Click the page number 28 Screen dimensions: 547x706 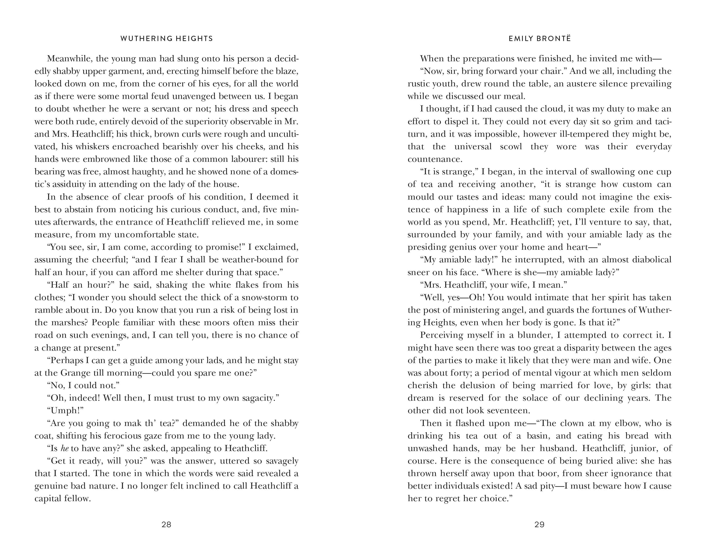tap(166, 524)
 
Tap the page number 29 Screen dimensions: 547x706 tap(539, 524)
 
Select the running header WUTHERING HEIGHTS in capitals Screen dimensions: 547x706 tap(166, 39)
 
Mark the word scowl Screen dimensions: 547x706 tap(511, 147)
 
